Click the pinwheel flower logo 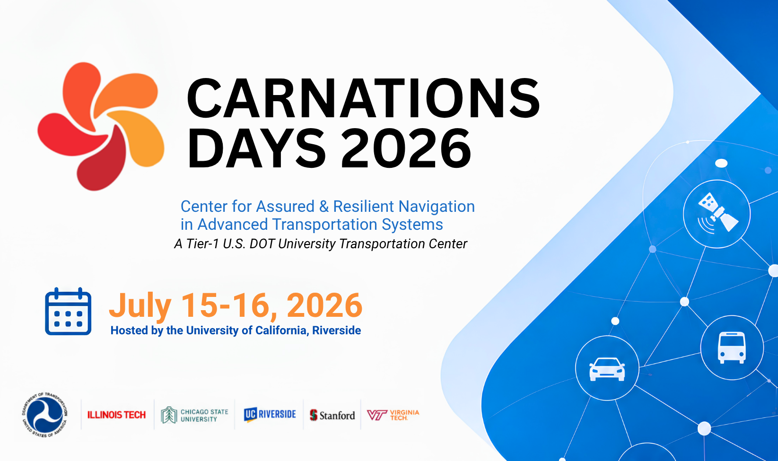coord(101,127)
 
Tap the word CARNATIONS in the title coord(363,98)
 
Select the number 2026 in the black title coord(406,148)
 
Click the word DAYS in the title coord(256,148)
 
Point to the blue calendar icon coord(68,312)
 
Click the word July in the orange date coord(140,306)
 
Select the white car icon coord(607,369)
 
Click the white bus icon coord(732,348)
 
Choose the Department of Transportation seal coord(45,415)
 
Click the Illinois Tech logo coord(116,415)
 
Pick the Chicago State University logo coord(194,415)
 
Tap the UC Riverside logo coord(270,415)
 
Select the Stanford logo coord(332,415)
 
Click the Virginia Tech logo coord(393,415)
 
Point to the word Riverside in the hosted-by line coord(336,330)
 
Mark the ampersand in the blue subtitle coord(323,207)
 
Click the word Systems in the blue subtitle coord(412,225)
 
